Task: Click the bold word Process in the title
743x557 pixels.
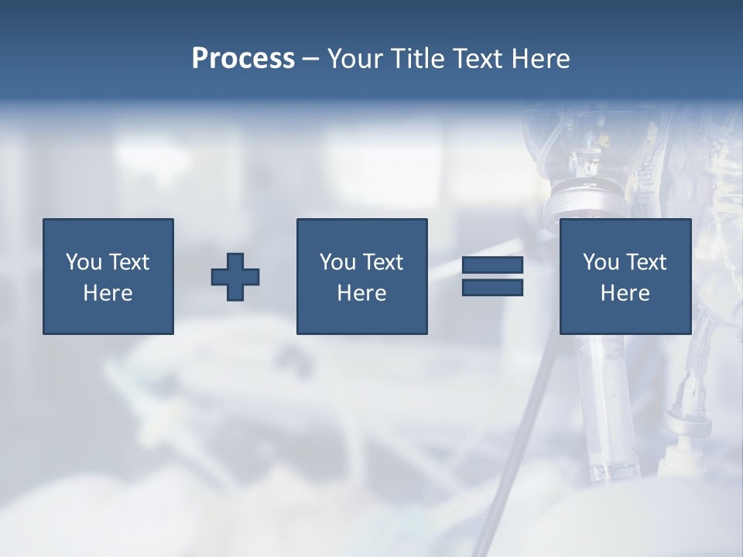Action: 243,59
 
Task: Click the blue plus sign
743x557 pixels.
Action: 235,277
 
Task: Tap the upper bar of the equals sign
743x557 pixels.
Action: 492,265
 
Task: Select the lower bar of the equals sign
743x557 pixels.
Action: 492,288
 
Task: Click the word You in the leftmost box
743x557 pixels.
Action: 84,262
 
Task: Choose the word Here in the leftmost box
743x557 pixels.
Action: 108,293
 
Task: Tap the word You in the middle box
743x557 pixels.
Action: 337,262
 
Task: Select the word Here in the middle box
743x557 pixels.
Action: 361,293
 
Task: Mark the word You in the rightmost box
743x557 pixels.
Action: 601,262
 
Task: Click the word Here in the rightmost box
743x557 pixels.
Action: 625,293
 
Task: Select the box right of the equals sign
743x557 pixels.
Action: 625,317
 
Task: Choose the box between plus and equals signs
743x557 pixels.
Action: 361,317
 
